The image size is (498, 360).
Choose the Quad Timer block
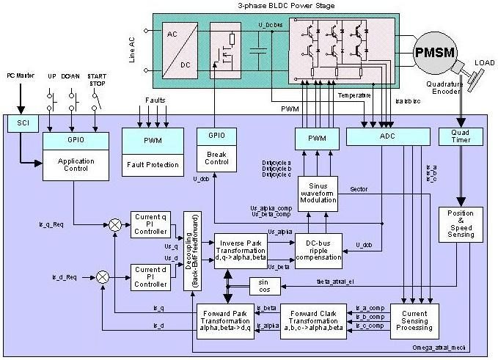pos(460,136)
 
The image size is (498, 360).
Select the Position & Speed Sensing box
pos(460,224)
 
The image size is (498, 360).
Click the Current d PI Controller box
pos(150,276)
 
